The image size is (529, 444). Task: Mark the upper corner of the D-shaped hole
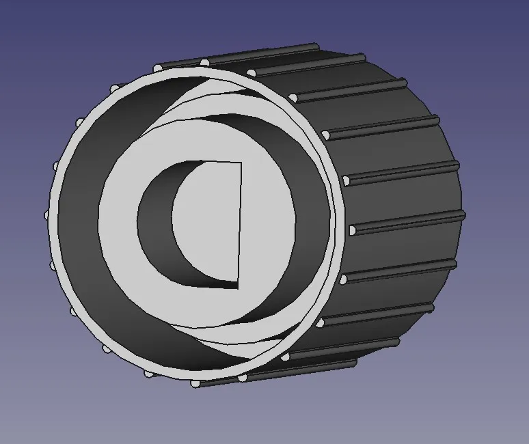pyautogui.click(x=242, y=162)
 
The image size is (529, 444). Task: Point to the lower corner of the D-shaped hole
pyautogui.click(x=238, y=288)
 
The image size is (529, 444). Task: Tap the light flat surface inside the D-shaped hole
pyautogui.click(x=208, y=225)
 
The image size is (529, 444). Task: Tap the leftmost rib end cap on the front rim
pyautogui.click(x=48, y=214)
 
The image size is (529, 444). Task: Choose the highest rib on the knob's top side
pyautogui.click(x=260, y=55)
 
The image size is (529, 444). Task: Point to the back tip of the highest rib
pyautogui.click(x=315, y=47)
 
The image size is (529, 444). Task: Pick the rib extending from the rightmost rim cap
pyautogui.click(x=410, y=222)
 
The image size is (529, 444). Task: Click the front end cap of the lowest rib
pyautogui.click(x=242, y=377)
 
